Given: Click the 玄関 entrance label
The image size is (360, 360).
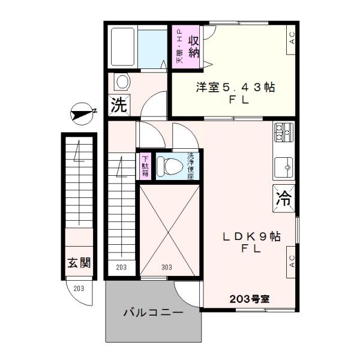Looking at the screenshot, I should tap(78, 263).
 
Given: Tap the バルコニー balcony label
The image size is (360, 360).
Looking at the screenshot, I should tap(153, 312).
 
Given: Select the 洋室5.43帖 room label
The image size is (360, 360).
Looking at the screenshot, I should tap(235, 88).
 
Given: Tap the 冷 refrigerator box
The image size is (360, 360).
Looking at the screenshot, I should tap(284, 197).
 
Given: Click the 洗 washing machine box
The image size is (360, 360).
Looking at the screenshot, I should tap(118, 106).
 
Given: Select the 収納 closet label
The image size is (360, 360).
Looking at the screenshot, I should tap(194, 47).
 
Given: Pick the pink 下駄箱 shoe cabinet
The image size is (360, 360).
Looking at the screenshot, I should tap(145, 166).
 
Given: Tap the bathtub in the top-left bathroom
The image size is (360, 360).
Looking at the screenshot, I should tap(123, 47).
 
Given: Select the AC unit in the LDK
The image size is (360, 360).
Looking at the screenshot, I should tap(291, 260).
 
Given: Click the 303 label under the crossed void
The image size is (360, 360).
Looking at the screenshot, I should tap(167, 268).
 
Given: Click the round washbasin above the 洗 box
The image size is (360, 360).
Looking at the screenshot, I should tap(122, 82).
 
